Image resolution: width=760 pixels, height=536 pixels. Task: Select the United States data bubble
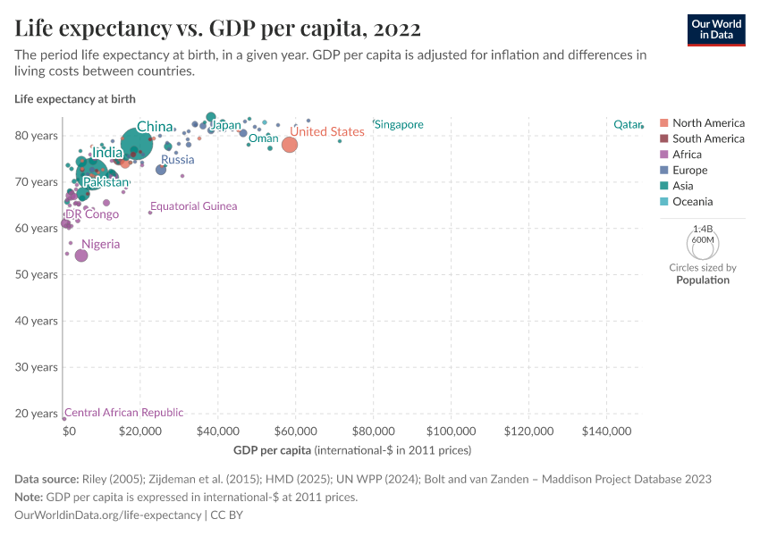[289, 145]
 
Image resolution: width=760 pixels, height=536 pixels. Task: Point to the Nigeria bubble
[81, 255]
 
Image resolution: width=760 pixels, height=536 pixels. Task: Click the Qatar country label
[625, 124]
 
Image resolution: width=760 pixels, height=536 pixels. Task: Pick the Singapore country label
[399, 124]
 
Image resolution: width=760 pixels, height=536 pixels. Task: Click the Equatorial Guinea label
[194, 206]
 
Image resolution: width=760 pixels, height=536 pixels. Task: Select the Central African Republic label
[124, 413]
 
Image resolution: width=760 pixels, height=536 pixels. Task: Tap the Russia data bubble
[161, 170]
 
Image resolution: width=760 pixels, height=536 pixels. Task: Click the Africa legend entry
[687, 155]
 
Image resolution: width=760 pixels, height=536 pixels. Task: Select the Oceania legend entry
[692, 202]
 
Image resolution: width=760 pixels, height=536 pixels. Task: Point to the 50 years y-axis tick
[36, 274]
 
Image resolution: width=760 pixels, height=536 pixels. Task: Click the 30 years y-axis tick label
[36, 367]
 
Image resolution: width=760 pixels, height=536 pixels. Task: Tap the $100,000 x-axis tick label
[451, 431]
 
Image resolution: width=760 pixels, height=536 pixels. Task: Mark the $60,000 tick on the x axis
[295, 431]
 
